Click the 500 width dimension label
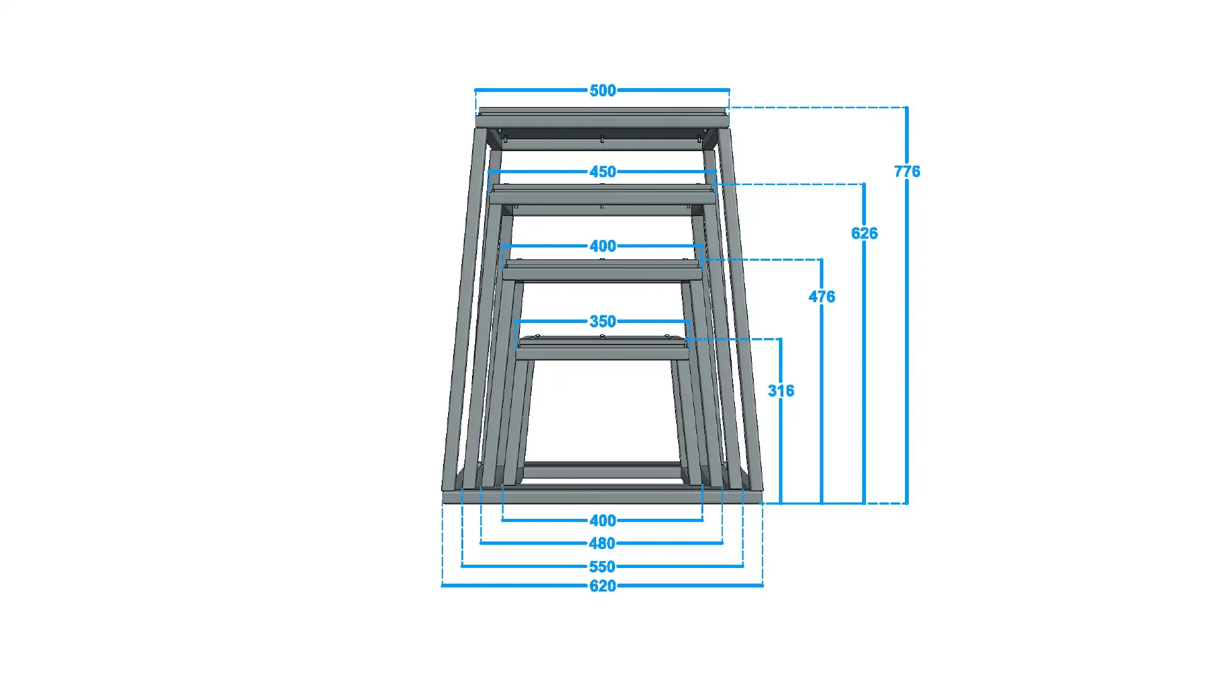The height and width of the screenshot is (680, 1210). point(602,91)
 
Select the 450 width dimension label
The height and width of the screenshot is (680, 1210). point(602,172)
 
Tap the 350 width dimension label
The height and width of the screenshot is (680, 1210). point(602,322)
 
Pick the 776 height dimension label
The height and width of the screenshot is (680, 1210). point(907,171)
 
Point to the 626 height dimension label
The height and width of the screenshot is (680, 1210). point(864,234)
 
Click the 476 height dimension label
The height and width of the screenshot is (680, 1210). point(822,297)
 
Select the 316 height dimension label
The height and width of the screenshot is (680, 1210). point(781,391)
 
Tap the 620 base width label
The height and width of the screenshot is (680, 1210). point(602,586)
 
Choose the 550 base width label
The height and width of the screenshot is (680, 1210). point(602,567)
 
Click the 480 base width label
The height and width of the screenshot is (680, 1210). point(602,543)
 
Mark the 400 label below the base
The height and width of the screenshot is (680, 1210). point(602,521)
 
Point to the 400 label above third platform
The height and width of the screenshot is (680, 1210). point(602,246)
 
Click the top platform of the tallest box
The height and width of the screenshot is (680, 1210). point(602,120)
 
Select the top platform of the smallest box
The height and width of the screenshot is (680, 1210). point(602,351)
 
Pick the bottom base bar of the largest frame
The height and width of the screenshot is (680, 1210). point(602,497)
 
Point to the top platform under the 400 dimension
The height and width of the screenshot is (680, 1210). point(602,273)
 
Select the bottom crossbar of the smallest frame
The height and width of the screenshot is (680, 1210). point(602,471)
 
